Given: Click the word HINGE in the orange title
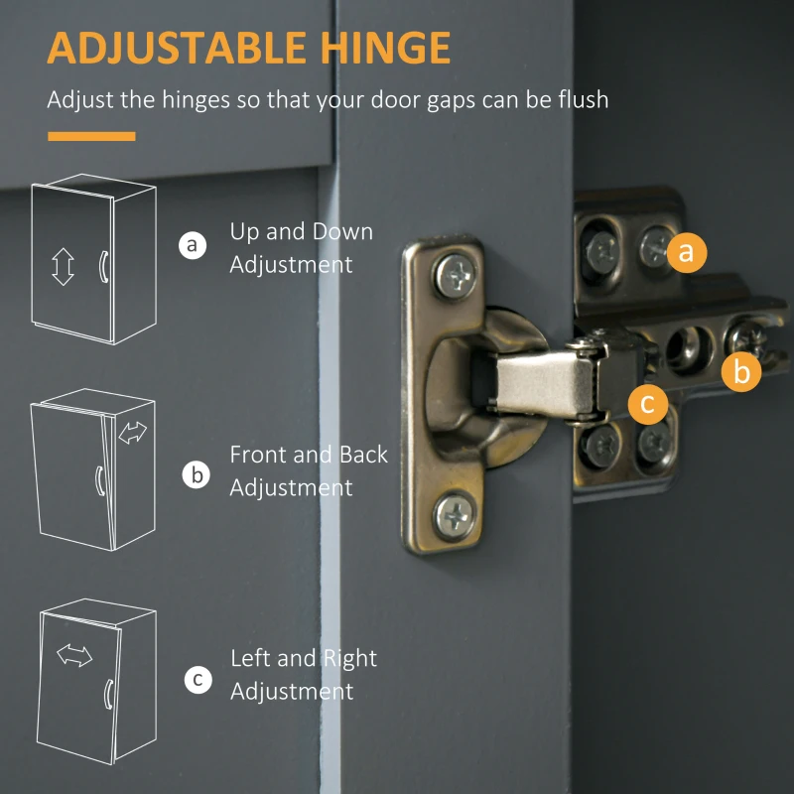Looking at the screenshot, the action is [385, 48].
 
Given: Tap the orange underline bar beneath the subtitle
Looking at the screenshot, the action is [91, 136].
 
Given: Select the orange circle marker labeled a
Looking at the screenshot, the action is [687, 252].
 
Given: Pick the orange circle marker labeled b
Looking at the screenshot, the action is [741, 371].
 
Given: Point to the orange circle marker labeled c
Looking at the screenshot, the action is [648, 404].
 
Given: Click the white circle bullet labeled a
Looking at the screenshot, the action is [193, 245].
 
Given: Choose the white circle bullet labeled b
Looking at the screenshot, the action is [196, 474].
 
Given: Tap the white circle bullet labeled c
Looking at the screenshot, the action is [198, 679].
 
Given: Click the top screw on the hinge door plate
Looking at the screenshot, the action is [455, 276].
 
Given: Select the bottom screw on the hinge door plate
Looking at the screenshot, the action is [455, 516].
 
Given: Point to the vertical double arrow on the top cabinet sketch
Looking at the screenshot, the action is [63, 266].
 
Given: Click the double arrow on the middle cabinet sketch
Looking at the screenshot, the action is [133, 433].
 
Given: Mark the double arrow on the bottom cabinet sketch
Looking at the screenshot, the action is [74, 655].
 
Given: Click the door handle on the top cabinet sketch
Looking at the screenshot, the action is [104, 266].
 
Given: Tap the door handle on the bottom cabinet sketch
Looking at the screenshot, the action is [109, 694].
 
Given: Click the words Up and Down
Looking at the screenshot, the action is [302, 231].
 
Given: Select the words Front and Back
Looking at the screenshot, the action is [309, 455].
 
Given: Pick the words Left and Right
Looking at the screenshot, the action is [304, 658].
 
